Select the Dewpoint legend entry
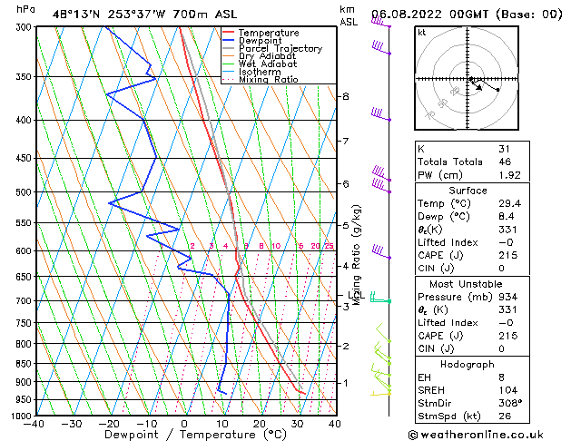(262, 41)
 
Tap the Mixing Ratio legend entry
(269, 80)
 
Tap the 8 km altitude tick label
(345, 96)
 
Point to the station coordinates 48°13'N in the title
(74, 13)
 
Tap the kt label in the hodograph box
(421, 33)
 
